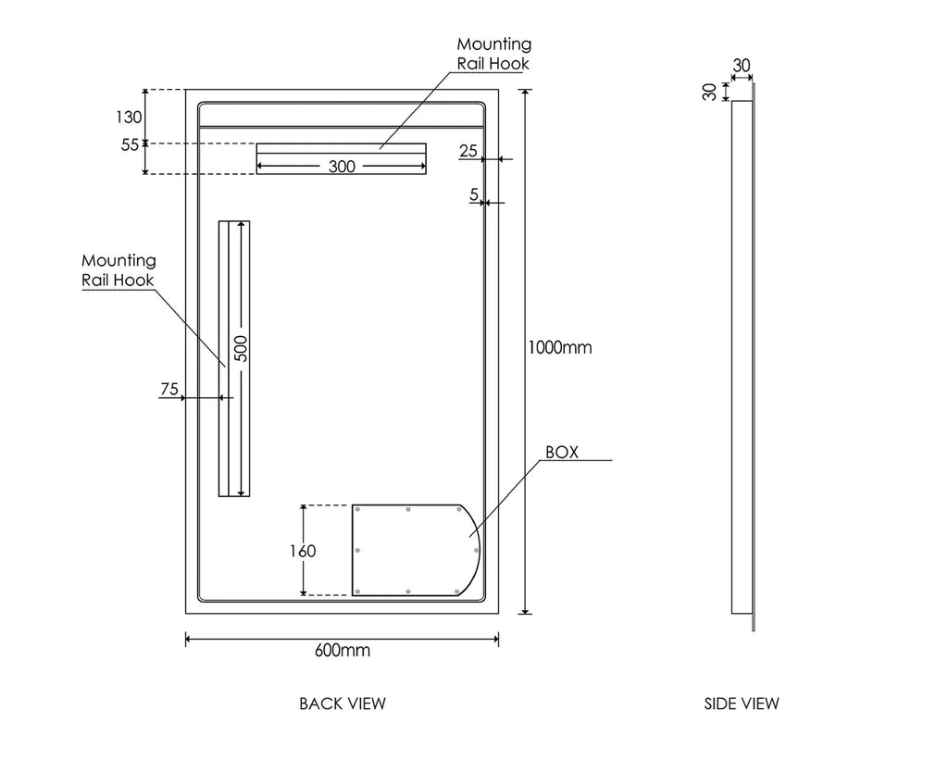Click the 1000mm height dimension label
click(x=559, y=348)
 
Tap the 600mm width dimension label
click(x=343, y=650)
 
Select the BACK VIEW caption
click(x=343, y=704)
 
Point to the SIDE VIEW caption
click(x=742, y=704)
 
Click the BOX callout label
click(x=562, y=452)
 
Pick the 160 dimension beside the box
click(x=302, y=551)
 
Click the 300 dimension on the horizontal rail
click(x=342, y=167)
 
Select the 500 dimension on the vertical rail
click(x=241, y=348)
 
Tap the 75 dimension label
click(x=168, y=390)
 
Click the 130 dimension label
click(x=130, y=117)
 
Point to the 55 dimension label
click(x=130, y=144)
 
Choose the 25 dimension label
click(x=468, y=151)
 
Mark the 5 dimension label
click(x=474, y=194)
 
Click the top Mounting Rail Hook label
click(x=494, y=54)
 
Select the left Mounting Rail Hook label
click(x=118, y=270)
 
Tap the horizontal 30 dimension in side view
click(x=742, y=65)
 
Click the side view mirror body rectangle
click(x=742, y=356)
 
